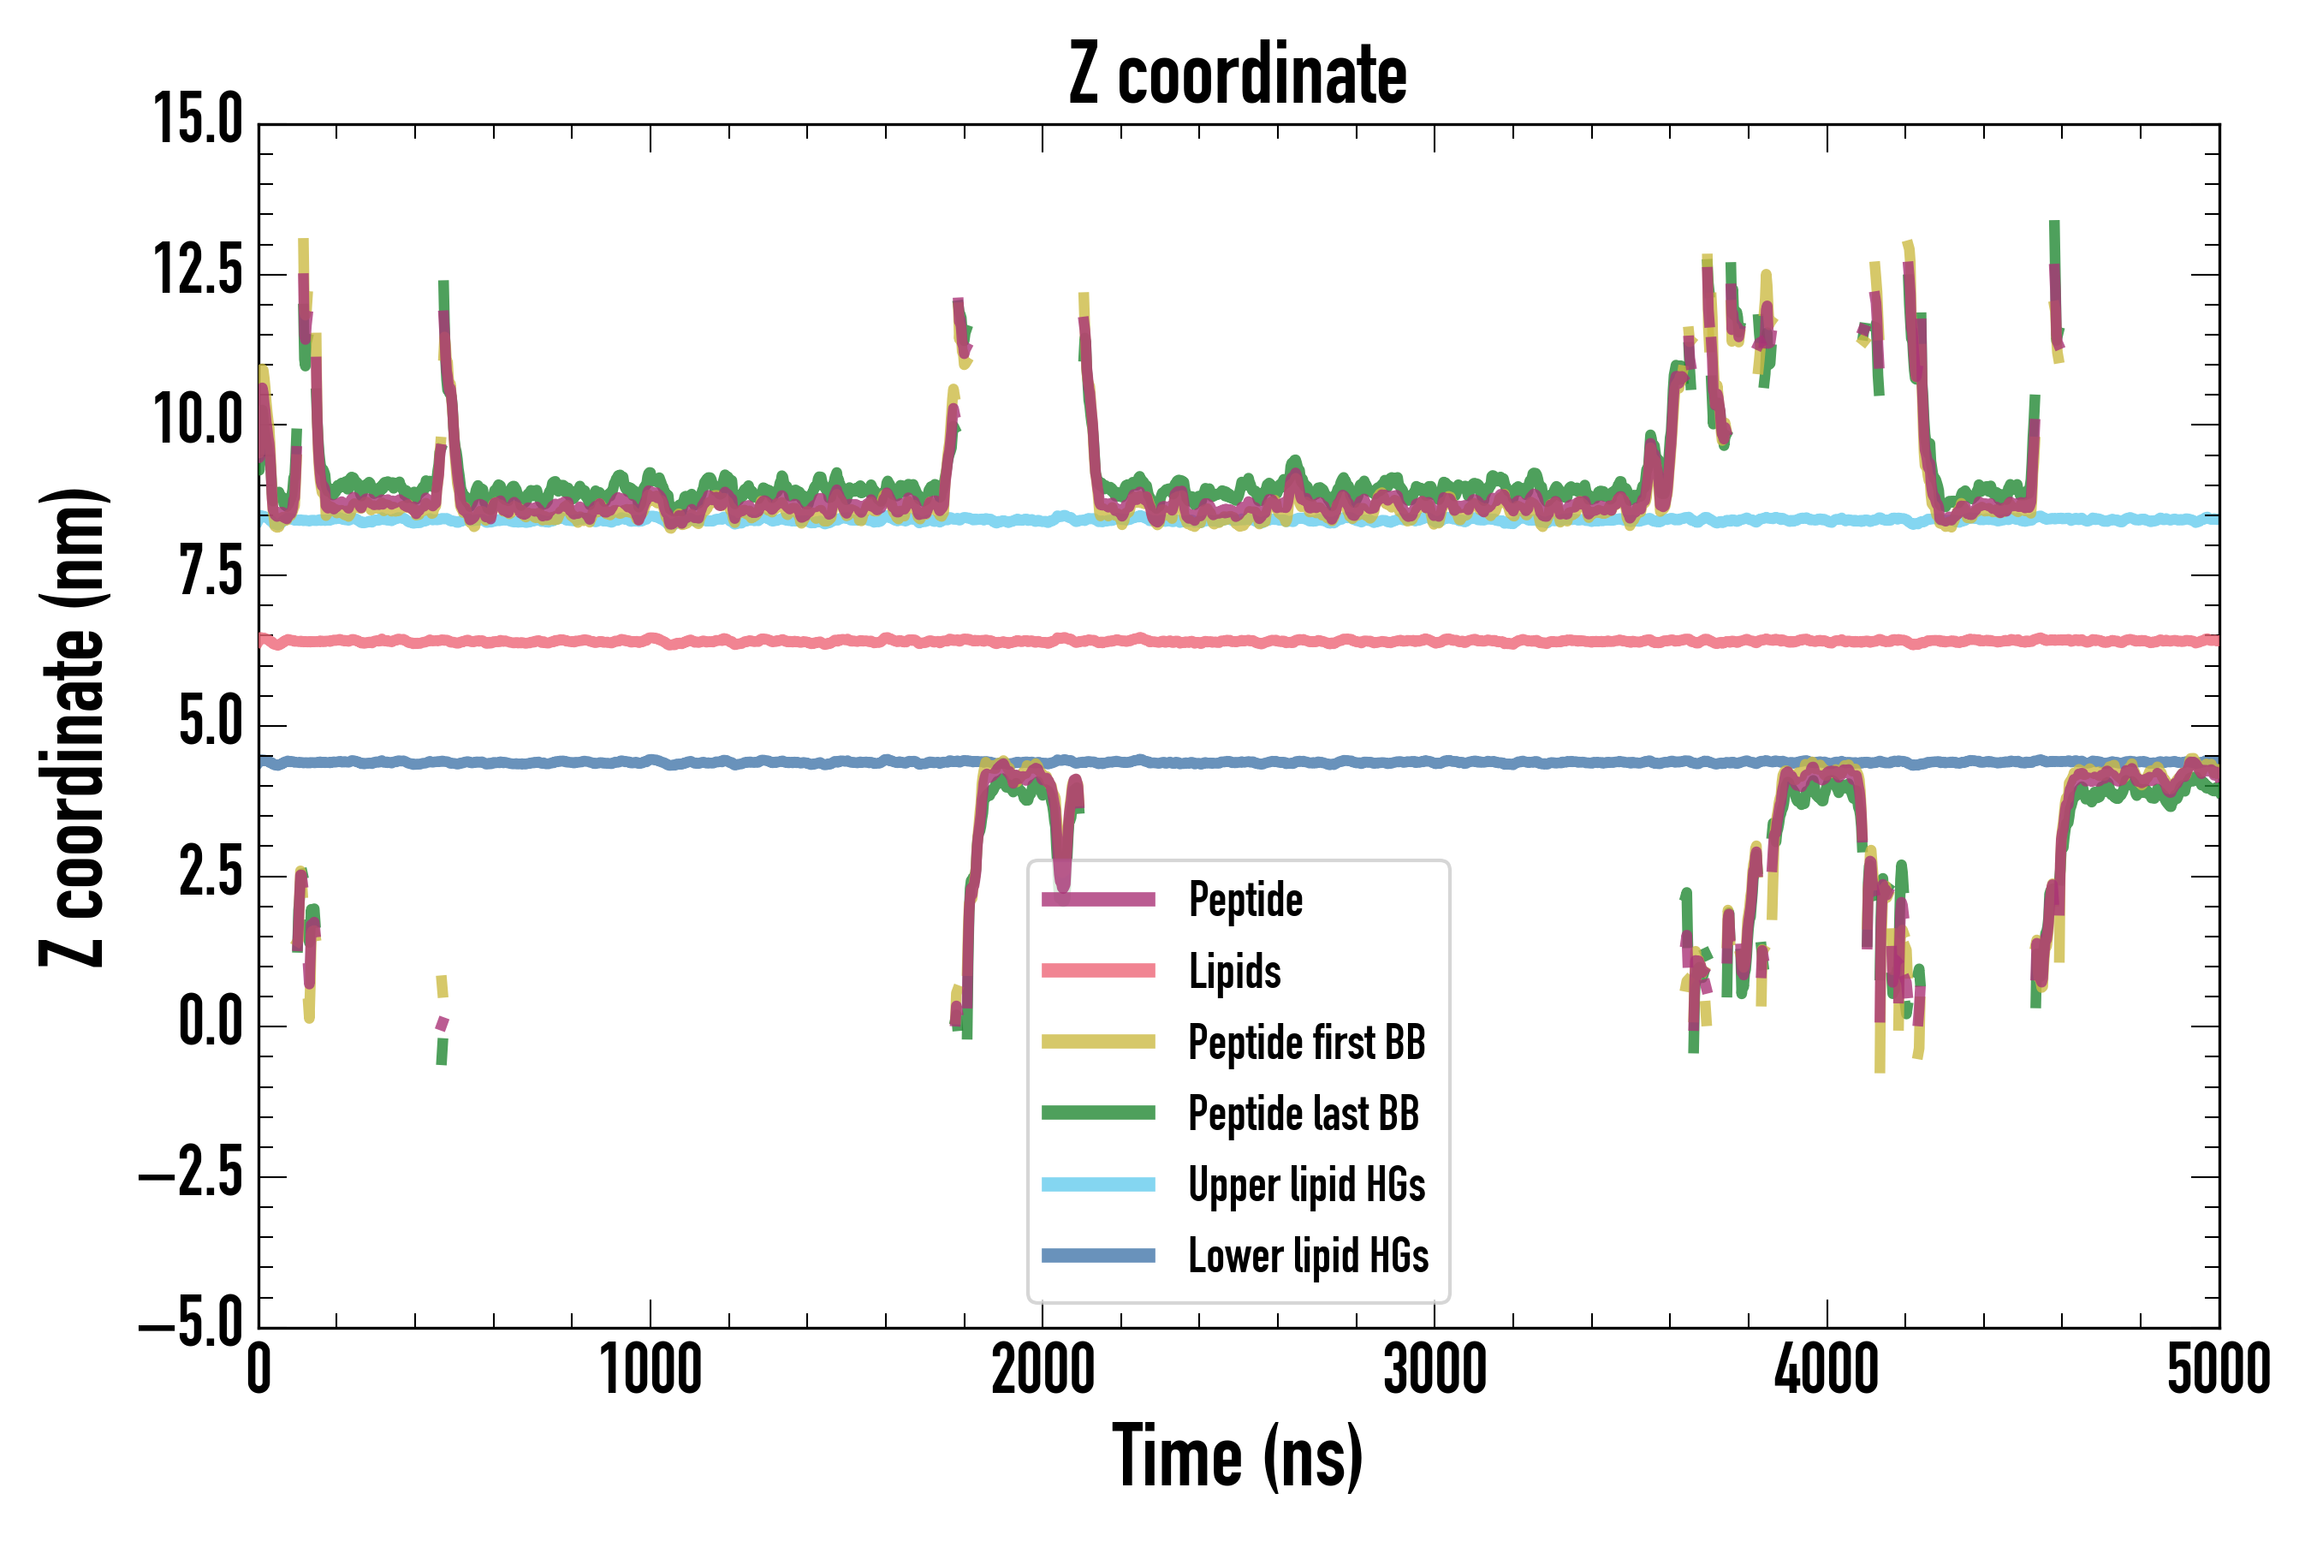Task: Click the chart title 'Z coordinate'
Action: (x=1237, y=74)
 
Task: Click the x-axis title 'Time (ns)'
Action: (x=1237, y=1456)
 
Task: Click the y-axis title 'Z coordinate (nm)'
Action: (x=73, y=726)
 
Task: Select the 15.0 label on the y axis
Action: (x=198, y=120)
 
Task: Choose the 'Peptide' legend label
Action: (x=1245, y=899)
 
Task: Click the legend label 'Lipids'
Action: (x=1234, y=971)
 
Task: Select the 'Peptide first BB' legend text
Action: (x=1306, y=1042)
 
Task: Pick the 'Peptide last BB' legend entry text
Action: (x=1303, y=1114)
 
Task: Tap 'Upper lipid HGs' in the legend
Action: (x=1306, y=1184)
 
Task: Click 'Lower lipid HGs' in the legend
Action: (x=1308, y=1256)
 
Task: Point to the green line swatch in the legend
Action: (x=1097, y=1112)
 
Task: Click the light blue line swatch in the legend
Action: (x=1097, y=1184)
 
